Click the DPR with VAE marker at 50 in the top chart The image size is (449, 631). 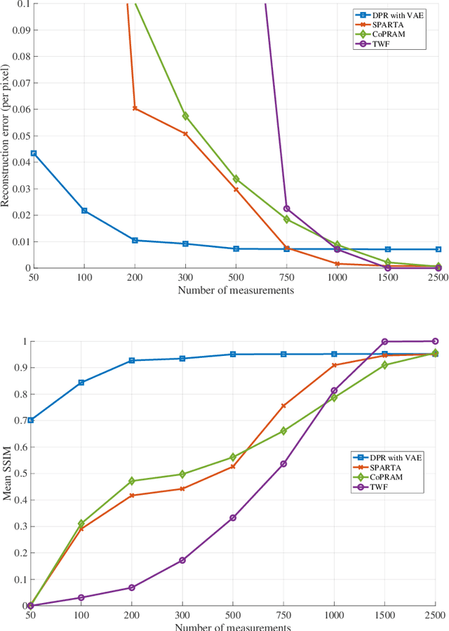(34, 153)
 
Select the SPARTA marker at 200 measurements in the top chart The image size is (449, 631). (135, 108)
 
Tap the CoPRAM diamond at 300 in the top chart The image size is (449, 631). (185, 116)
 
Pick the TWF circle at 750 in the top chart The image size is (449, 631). (286, 208)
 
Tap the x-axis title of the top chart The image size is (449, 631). (236, 290)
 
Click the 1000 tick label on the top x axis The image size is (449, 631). (337, 278)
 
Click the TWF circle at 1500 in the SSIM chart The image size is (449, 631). (384, 342)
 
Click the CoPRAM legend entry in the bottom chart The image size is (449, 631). (391, 477)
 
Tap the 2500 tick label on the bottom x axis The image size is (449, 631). (435, 616)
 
